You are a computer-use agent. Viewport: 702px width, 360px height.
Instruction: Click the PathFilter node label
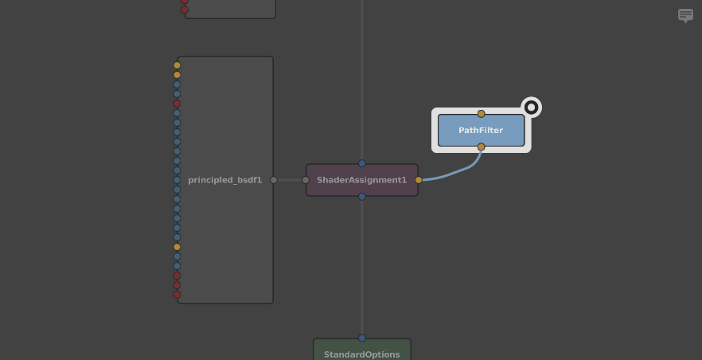(x=481, y=131)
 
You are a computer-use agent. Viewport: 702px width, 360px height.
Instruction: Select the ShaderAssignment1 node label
(x=361, y=180)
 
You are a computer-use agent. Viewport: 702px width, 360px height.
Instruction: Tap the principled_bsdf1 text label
(x=224, y=180)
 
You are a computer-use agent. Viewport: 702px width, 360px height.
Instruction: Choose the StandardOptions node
(x=362, y=352)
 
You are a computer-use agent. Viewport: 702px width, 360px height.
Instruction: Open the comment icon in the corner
(x=685, y=15)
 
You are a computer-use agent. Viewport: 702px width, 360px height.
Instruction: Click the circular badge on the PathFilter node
(x=531, y=108)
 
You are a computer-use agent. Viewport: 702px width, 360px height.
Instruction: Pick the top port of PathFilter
(x=481, y=114)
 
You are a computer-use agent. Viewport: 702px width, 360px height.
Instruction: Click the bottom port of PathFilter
(x=481, y=147)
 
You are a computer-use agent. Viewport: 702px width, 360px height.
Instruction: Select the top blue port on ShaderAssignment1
(x=362, y=163)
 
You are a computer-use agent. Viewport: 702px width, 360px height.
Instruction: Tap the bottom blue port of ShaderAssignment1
(x=362, y=197)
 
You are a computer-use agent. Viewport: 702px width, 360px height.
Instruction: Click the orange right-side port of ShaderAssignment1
(x=419, y=180)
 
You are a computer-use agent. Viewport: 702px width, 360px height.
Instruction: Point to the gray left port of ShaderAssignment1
(x=306, y=180)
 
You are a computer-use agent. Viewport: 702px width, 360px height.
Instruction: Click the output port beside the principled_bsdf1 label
(x=274, y=180)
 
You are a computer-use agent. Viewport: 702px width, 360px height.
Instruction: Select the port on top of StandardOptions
(x=362, y=338)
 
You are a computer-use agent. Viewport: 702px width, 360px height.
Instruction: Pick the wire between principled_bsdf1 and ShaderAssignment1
(x=290, y=180)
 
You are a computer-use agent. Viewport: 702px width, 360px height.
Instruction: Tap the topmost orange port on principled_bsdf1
(x=177, y=65)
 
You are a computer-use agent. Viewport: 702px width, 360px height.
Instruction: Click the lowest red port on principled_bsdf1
(x=177, y=295)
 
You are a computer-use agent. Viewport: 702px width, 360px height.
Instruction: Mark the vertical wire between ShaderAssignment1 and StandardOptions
(x=362, y=267)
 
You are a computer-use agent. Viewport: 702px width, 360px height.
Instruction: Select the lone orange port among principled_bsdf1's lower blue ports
(x=177, y=247)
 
